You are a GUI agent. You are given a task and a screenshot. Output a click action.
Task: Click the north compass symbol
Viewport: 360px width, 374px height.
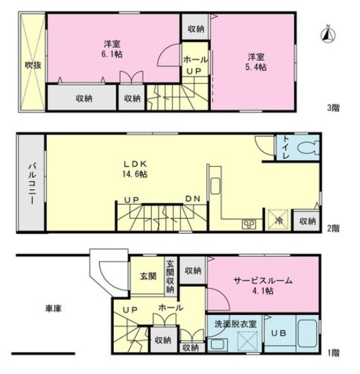pos(328,34)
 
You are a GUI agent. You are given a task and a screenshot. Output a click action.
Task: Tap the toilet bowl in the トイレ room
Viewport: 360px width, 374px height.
pos(308,148)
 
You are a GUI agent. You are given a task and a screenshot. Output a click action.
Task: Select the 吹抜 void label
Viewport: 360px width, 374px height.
pos(33,65)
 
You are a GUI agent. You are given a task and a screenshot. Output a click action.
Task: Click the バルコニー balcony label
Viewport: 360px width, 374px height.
pos(32,183)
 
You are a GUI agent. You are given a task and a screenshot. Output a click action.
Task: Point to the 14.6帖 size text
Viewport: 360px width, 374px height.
pos(135,174)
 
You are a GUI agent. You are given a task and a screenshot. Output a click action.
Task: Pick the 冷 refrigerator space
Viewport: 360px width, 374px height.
pos(279,220)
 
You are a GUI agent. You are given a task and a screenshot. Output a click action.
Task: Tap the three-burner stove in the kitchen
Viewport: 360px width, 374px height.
pos(249,224)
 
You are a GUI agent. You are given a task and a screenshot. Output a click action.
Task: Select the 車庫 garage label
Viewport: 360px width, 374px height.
pos(54,308)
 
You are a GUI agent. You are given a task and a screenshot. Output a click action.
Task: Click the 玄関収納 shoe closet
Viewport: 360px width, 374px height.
pos(170,276)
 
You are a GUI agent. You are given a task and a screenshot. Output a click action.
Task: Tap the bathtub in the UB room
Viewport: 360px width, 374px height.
pos(308,333)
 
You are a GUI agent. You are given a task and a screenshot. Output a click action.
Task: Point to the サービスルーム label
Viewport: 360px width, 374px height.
pos(263,280)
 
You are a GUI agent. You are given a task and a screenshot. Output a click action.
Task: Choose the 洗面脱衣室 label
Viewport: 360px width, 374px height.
pos(235,324)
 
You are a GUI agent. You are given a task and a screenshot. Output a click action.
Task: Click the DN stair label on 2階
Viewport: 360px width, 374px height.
pos(193,199)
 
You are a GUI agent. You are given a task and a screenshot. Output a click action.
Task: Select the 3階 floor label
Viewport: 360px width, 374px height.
pos(333,108)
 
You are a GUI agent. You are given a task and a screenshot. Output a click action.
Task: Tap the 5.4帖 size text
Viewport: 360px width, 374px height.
pos(256,67)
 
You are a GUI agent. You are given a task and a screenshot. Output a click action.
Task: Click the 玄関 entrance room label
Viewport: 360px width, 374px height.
pos(148,276)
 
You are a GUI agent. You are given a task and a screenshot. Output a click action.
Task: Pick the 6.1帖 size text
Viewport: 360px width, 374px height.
pos(112,54)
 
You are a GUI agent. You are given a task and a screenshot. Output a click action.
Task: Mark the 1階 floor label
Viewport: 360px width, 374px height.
pos(333,353)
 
